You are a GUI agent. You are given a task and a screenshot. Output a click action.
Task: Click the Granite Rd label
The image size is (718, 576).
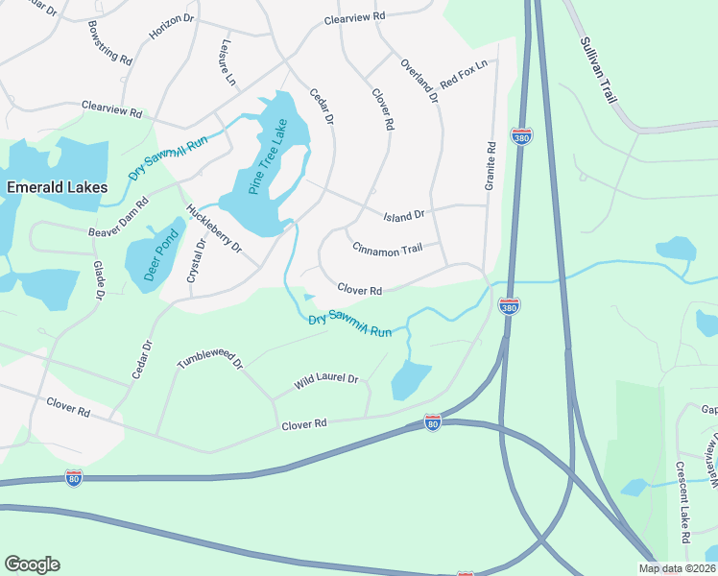coord(491,164)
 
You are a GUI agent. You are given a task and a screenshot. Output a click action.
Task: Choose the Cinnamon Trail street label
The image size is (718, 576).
coord(388,249)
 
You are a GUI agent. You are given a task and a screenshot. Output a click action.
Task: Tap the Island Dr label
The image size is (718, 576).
coord(404,216)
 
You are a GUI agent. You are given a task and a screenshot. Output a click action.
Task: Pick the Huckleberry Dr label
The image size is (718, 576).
coord(214,228)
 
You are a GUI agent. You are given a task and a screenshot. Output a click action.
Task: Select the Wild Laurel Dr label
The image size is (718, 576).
coord(326,381)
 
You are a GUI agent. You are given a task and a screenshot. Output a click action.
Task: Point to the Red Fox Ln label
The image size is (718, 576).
coord(465,71)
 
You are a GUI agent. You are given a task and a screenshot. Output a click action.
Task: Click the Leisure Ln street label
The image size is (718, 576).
coord(227,62)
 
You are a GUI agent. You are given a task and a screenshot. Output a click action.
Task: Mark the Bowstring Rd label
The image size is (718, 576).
coord(108,42)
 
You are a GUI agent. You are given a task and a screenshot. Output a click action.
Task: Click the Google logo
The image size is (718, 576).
coord(32,564)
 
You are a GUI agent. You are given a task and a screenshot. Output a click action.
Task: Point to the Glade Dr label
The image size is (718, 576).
coord(98,279)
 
